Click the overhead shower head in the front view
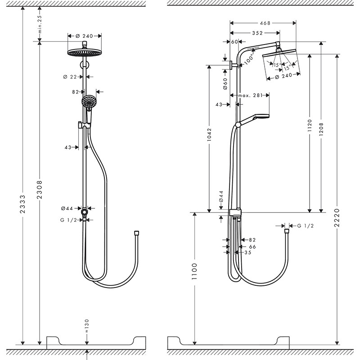[84, 53]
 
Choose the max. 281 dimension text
[250, 95]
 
